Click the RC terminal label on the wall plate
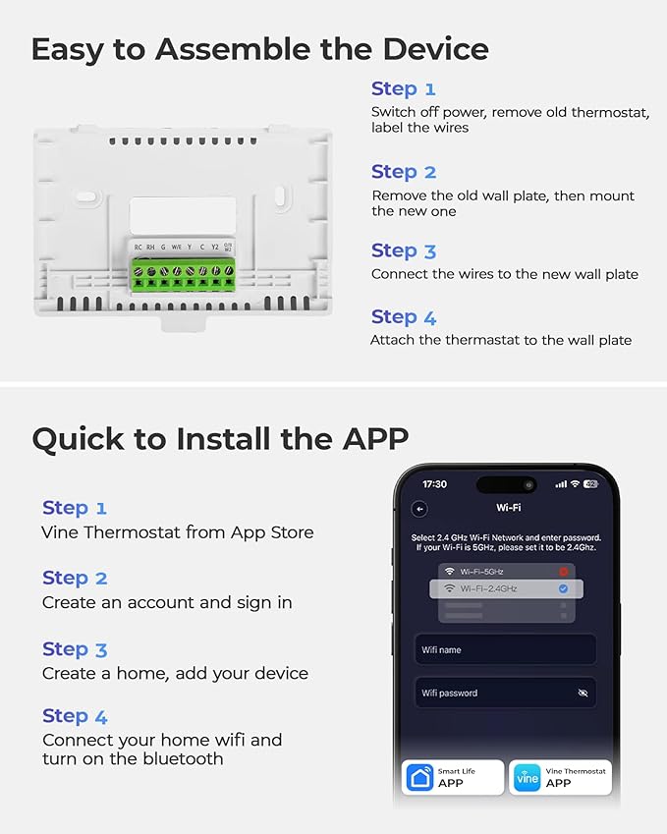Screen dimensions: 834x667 (x=139, y=247)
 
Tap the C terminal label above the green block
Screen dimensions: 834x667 (x=202, y=247)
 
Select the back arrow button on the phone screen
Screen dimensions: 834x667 (x=419, y=509)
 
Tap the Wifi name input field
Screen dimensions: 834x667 (x=505, y=649)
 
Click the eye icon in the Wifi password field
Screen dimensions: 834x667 (x=583, y=694)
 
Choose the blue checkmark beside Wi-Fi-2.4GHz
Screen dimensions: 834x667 (x=563, y=588)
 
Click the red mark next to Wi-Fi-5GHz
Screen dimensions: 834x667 (x=563, y=571)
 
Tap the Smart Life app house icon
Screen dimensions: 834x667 (x=419, y=778)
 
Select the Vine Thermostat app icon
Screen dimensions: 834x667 (x=528, y=778)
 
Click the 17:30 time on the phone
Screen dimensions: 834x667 (x=434, y=484)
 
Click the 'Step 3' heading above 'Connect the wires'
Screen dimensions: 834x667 (x=403, y=250)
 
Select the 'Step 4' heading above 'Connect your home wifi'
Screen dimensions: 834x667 (x=75, y=716)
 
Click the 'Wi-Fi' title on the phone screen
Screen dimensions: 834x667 (x=508, y=508)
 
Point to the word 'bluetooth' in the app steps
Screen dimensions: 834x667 (x=183, y=758)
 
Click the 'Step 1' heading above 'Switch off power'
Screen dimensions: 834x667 (x=403, y=89)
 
